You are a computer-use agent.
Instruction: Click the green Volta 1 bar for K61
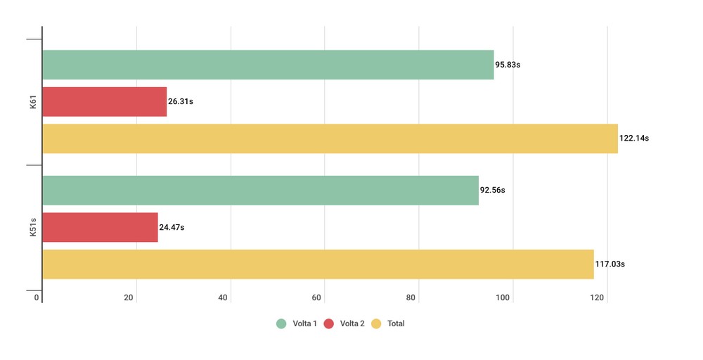(268, 65)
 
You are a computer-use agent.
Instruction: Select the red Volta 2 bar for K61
(104, 102)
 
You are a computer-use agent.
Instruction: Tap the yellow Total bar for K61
(330, 139)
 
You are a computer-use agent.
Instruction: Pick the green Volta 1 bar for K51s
(260, 191)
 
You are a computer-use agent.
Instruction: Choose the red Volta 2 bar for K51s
(100, 227)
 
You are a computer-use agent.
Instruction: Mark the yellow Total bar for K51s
(318, 264)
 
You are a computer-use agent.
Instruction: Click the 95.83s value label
(508, 65)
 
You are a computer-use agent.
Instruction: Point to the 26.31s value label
(181, 102)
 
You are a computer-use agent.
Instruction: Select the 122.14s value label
(634, 139)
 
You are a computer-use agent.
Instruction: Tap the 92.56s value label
(493, 191)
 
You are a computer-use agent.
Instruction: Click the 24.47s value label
(172, 227)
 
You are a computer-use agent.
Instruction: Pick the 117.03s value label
(610, 264)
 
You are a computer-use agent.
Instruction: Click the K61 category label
(33, 105)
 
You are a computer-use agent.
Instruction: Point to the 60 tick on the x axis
(317, 298)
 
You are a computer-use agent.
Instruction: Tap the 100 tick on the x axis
(503, 298)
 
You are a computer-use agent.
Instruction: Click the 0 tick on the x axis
(37, 298)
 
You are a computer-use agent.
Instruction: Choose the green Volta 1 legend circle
(281, 324)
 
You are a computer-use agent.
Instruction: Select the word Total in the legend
(396, 324)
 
